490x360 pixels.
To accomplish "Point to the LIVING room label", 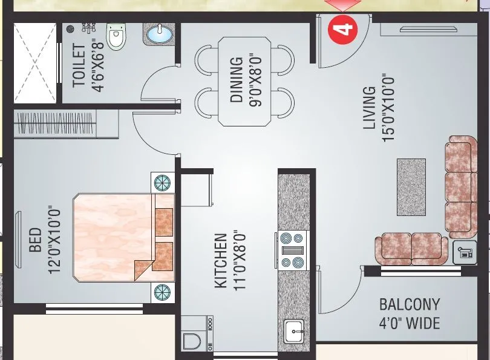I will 369,108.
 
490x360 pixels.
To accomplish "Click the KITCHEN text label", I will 221,261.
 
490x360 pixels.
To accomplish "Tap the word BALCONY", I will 410,304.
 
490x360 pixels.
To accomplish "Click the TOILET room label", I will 79,66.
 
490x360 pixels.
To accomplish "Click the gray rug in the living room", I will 411,187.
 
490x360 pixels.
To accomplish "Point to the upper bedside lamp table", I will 163,183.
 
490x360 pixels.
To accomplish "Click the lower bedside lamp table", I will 162,292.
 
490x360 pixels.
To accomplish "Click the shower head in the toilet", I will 71,28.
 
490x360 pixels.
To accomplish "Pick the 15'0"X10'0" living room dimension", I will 388,108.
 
